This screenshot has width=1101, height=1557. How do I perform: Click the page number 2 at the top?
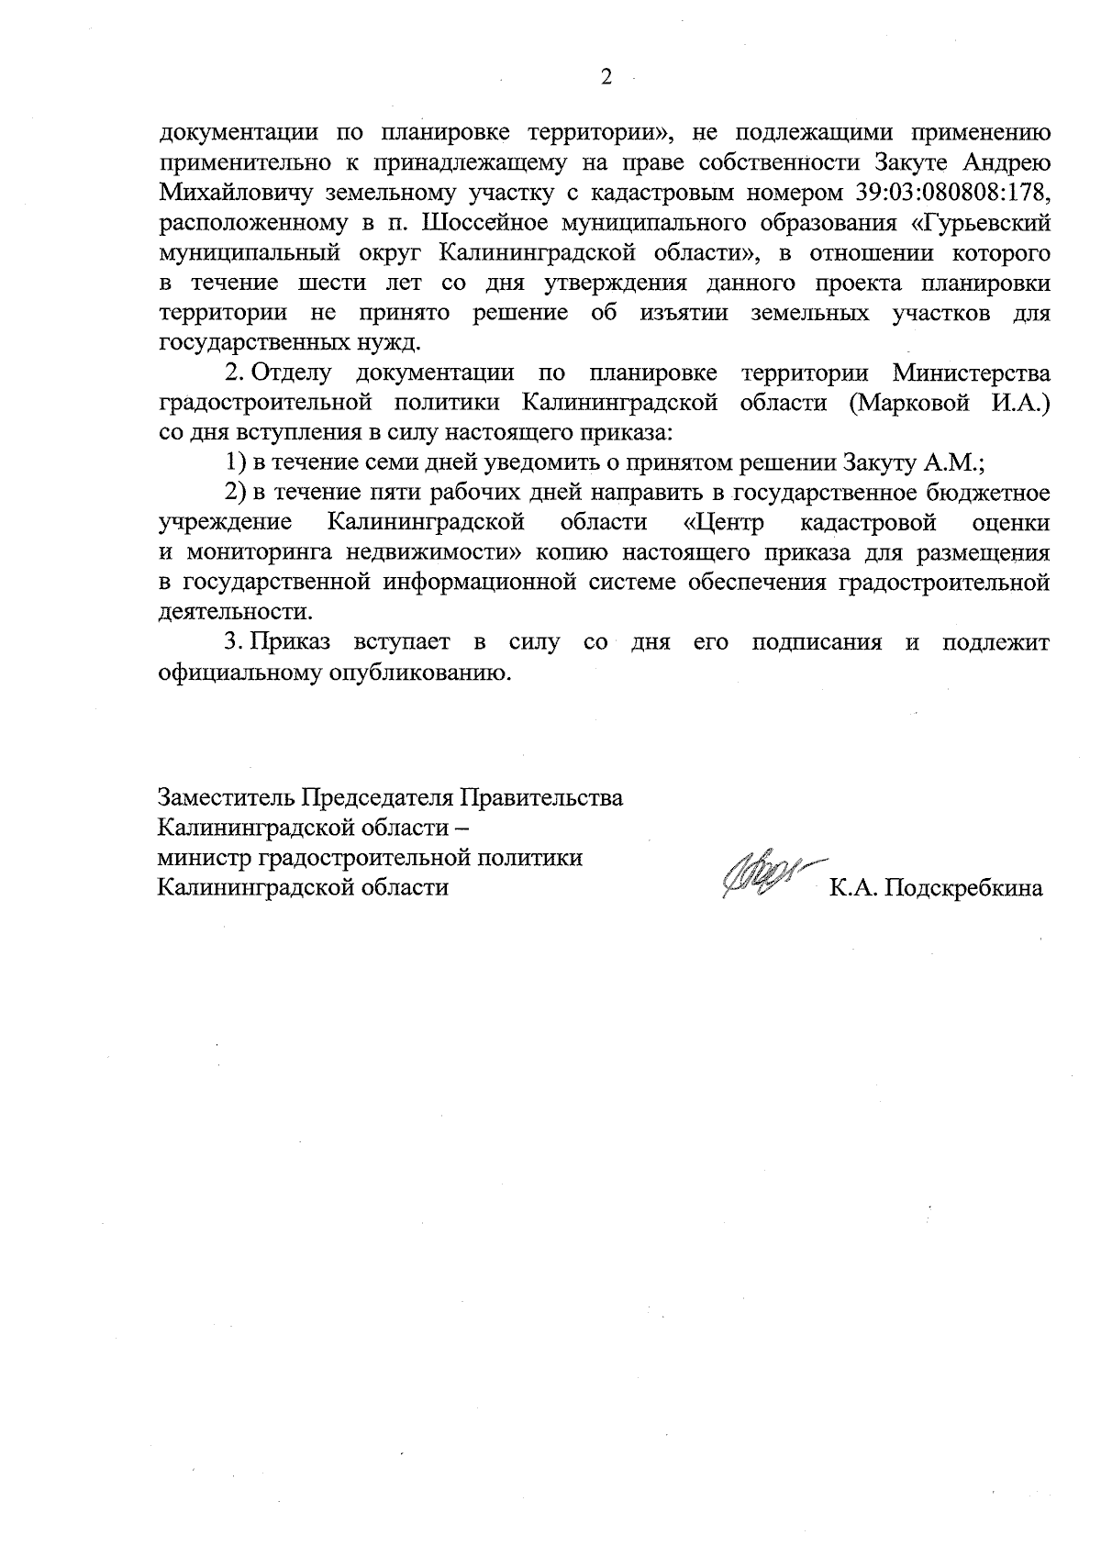pos(606,78)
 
